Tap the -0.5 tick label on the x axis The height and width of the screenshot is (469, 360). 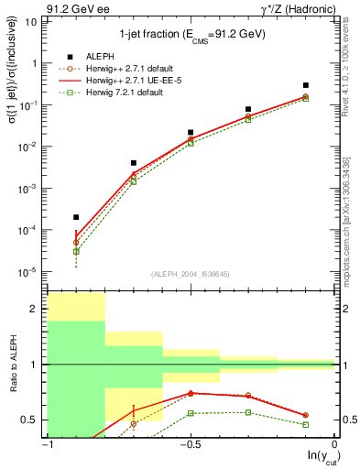coord(191,444)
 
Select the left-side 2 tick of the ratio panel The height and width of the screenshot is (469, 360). coord(36,310)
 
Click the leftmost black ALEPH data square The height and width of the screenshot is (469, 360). coord(76,217)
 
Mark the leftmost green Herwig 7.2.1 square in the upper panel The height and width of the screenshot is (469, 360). coord(76,251)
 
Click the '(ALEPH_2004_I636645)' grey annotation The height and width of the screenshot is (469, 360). coord(191,274)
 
